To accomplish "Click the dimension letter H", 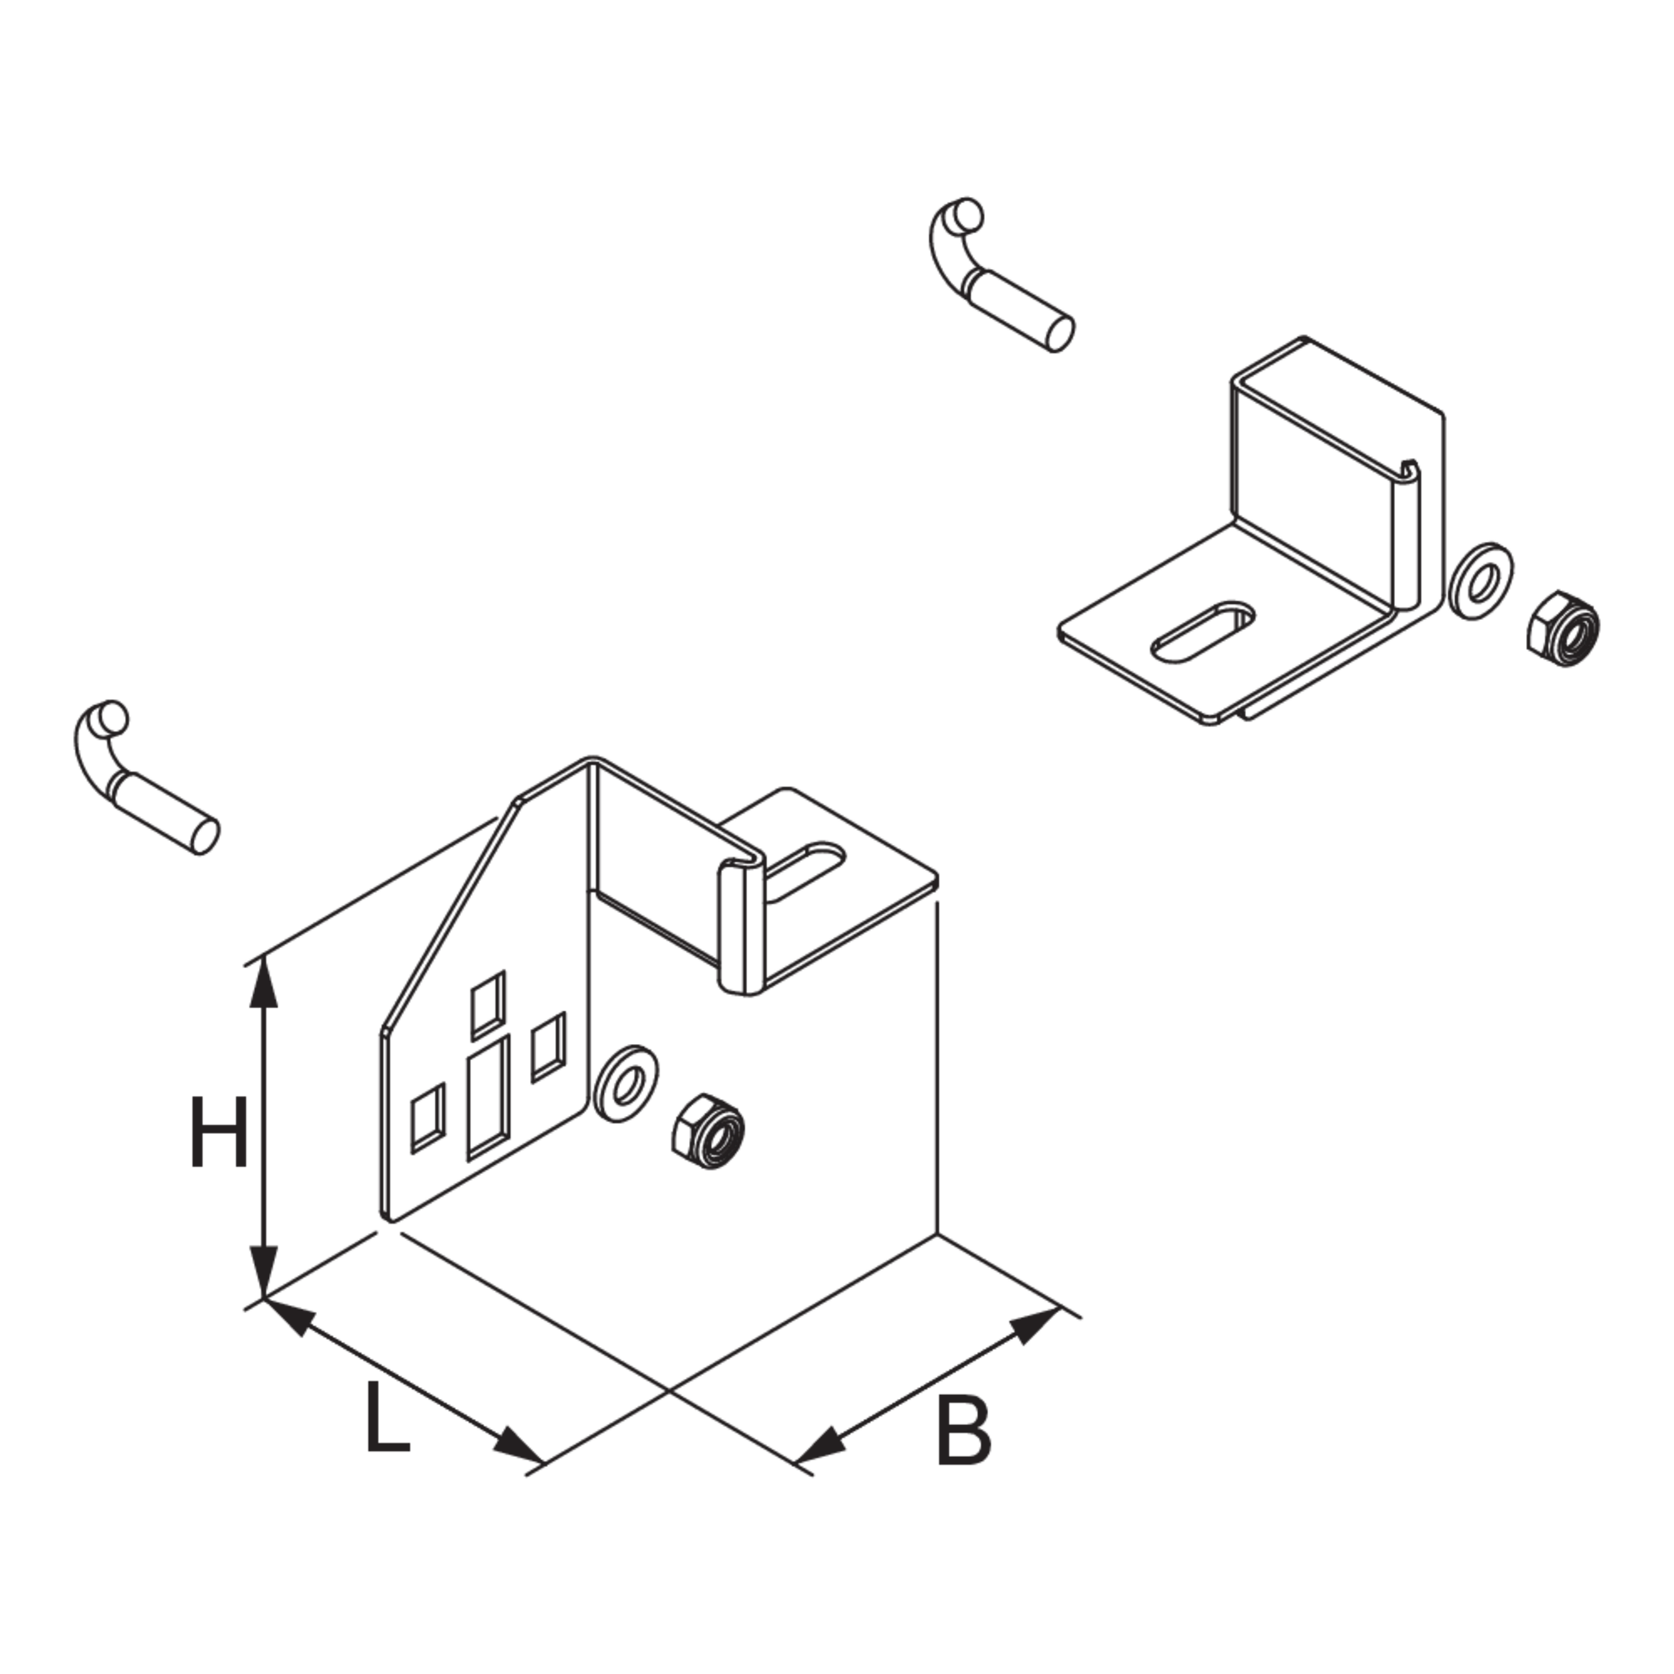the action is click(219, 1132).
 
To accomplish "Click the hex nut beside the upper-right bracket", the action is click(1563, 629).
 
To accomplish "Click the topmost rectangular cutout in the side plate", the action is click(487, 1005).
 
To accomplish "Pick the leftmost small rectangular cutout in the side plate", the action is click(428, 1118).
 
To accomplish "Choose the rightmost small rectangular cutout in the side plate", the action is click(549, 1048).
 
